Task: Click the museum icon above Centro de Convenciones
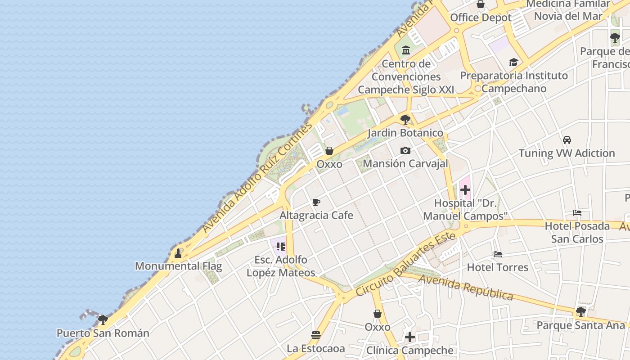[406, 50]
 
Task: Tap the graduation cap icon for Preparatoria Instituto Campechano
[513, 62]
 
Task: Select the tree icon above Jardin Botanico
[405, 120]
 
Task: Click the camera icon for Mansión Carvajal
[405, 150]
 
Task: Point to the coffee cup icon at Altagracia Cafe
[316, 202]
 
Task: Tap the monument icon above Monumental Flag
[178, 253]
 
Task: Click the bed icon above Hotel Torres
[497, 254]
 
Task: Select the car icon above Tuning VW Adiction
[567, 140]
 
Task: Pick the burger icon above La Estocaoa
[316, 335]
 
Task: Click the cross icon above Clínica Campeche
[409, 337]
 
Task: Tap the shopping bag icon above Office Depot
[481, 5]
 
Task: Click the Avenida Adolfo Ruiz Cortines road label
[257, 177]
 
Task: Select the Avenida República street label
[466, 288]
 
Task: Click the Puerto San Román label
[103, 333]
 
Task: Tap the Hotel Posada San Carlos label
[577, 232]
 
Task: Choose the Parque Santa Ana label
[581, 325]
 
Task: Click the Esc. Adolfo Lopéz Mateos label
[281, 266]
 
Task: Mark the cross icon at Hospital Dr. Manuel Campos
[465, 190]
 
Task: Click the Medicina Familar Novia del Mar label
[568, 10]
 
